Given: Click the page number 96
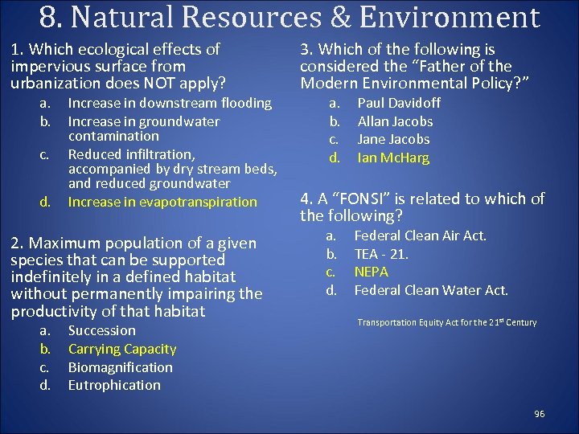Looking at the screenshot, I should point(539,414).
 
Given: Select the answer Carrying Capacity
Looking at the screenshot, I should point(121,349).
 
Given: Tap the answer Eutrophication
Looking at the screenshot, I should point(114,385).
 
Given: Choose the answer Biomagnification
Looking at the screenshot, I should point(120,367).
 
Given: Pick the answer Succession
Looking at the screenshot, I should point(101,330).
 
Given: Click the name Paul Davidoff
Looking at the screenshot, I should point(399,103).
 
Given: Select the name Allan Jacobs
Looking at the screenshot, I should point(395,121).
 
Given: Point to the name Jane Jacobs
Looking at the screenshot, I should point(393,140).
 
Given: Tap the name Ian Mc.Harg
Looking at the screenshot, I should point(393,158).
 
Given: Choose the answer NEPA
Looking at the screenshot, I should point(371,272).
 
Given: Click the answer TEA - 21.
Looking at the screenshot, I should point(381,254).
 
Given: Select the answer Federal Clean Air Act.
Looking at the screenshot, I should point(421,235).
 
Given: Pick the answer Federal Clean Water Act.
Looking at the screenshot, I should point(431,290).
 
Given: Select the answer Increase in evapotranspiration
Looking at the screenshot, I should point(162,202).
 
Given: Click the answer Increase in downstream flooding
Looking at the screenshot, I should point(170,103).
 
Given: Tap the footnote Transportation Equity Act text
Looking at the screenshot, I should point(446,322).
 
